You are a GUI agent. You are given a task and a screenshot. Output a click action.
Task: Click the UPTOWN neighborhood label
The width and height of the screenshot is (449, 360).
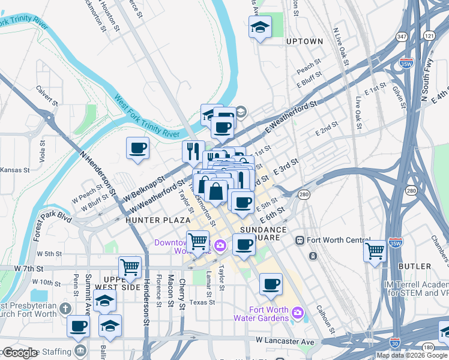coord(304,41)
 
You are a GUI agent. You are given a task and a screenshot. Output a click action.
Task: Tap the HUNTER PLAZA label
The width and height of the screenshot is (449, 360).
coord(158,220)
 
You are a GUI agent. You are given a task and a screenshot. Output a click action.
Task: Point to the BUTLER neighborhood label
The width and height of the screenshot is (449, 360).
coord(414,266)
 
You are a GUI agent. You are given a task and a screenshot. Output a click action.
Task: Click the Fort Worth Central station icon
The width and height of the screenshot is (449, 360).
coord(300,240)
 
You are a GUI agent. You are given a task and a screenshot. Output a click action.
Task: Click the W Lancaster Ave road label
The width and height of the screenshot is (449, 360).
coord(285,341)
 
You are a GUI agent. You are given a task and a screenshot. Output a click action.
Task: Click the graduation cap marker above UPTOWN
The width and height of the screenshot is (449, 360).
coord(260,27)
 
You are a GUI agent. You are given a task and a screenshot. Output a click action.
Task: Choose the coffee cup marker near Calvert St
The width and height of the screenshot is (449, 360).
coord(137,148)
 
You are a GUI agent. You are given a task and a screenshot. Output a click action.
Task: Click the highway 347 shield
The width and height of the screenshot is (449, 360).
coord(402,37)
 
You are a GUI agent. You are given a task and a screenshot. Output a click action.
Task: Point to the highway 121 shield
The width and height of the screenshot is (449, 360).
coord(428,37)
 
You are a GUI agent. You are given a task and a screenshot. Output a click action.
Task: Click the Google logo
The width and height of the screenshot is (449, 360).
coord(20,353)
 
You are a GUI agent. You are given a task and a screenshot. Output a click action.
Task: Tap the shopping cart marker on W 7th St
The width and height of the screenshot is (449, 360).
coord(130,268)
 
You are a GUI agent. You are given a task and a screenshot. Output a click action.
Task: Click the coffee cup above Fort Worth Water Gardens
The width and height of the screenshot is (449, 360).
coord(271,284)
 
